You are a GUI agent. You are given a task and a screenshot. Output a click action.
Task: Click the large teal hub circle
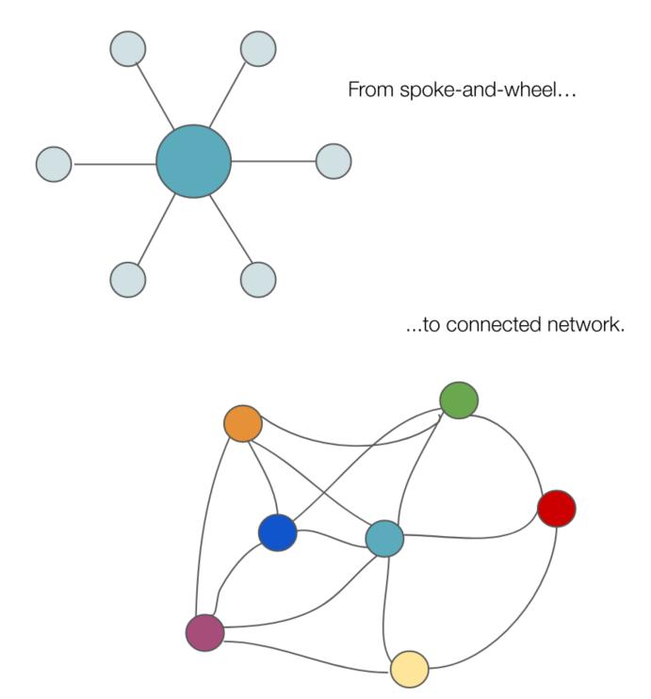coord(193,161)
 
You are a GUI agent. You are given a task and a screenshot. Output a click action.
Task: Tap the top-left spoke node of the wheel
coord(128,49)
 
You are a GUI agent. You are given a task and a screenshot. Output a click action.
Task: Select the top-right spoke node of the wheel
coord(257,49)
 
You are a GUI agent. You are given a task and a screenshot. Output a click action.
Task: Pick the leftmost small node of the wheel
coord(54,164)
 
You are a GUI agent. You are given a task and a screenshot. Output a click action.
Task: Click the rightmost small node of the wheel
coord(333,161)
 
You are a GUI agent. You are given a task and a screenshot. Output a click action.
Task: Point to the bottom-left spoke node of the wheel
coord(128,280)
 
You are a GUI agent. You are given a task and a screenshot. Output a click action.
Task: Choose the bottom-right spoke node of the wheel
coord(257,280)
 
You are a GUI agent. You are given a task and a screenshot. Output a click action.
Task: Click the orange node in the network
coord(242,423)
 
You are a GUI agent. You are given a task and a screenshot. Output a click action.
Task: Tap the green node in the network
coord(458,400)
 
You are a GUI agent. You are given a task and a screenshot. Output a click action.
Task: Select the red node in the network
coord(556,509)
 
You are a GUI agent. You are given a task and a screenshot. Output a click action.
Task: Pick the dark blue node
coord(277,533)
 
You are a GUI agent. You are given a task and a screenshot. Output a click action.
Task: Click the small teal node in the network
coord(384,538)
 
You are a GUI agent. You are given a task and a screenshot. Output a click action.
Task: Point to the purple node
coord(204,632)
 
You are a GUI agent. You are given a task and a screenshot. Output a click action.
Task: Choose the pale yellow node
coord(409,668)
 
